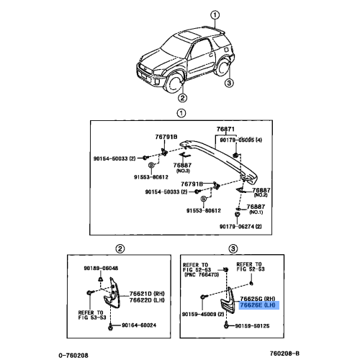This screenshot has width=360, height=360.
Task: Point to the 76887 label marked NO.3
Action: point(190,166)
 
